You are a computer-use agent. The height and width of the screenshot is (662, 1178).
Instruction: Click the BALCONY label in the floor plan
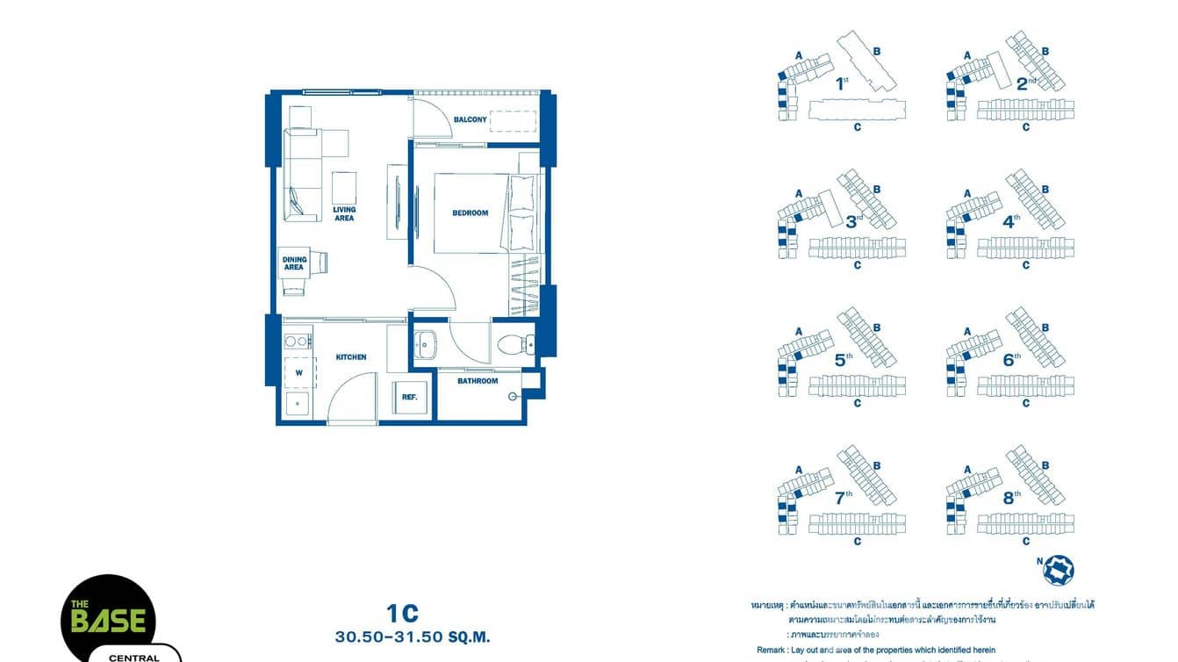[470, 119]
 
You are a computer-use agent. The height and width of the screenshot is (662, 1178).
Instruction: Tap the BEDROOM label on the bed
[470, 212]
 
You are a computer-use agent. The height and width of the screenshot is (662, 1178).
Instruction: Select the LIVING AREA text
[344, 213]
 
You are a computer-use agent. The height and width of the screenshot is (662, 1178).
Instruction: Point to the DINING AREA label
[293, 263]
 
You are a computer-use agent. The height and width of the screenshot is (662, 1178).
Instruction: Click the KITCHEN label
[351, 357]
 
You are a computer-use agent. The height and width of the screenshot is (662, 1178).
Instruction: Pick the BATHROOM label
[478, 381]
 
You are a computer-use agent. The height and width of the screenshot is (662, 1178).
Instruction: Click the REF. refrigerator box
[409, 397]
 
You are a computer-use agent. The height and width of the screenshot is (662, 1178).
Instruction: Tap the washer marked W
[299, 372]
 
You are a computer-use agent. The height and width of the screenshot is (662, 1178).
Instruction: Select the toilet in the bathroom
[511, 346]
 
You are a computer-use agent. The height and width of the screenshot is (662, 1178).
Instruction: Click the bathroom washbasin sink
[426, 344]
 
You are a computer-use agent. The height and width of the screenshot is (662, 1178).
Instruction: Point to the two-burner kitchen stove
[298, 341]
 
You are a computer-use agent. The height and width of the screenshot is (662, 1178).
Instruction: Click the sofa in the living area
[298, 176]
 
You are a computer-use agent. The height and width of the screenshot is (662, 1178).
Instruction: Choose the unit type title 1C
[402, 613]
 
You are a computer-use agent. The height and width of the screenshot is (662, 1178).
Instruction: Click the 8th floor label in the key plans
[1012, 498]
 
